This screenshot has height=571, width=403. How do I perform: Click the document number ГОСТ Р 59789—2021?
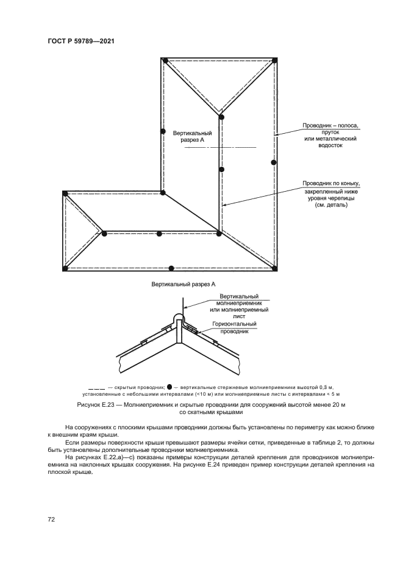click(82, 42)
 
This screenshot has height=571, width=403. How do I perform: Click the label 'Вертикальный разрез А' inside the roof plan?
click(192, 136)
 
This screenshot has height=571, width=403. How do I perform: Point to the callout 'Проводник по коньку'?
click(332, 183)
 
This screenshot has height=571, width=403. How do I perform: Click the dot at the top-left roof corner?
click(165, 60)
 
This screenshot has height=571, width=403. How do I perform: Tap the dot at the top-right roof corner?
click(274, 60)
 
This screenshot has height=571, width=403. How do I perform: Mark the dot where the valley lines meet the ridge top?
click(221, 116)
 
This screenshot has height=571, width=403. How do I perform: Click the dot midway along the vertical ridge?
click(221, 169)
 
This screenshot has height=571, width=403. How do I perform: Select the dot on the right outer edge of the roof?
click(274, 162)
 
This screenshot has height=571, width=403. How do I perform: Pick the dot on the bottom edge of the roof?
click(171, 267)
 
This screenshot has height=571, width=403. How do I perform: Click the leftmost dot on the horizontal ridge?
click(104, 233)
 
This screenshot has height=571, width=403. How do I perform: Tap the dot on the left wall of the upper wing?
click(163, 131)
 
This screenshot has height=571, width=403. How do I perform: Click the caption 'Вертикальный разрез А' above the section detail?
click(180, 284)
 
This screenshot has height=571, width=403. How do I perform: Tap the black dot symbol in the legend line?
click(169, 387)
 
